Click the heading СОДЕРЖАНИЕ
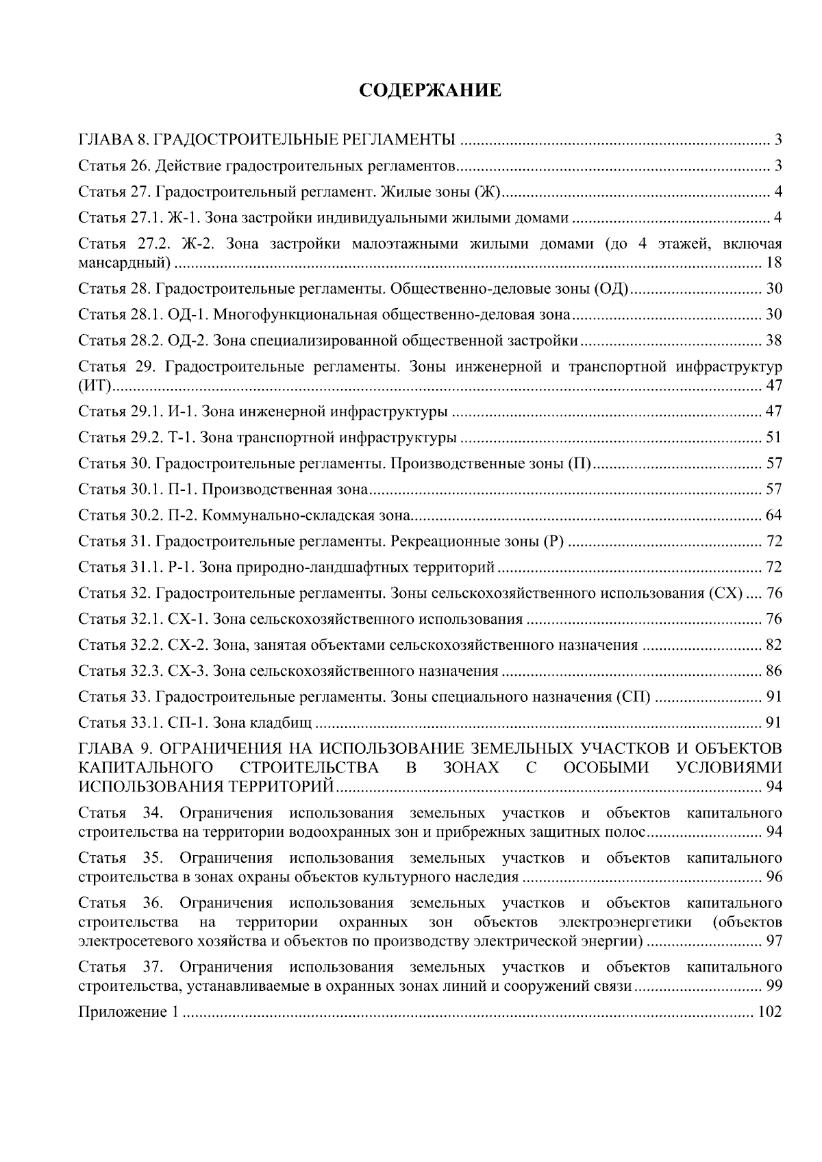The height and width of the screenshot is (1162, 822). pos(430,90)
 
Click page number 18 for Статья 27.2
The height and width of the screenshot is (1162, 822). pos(774,263)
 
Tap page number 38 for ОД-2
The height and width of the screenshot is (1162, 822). pos(774,341)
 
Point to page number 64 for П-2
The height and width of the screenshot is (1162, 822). pos(774,516)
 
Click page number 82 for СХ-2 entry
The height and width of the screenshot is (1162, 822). pos(774,645)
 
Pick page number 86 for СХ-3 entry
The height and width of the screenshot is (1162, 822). pos(774,671)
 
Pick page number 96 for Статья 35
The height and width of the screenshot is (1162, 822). pos(774,877)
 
